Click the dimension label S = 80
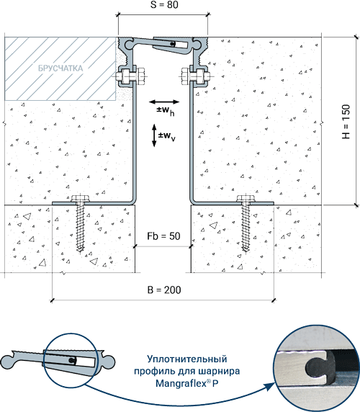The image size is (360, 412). (164, 4)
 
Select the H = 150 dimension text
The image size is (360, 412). (346, 122)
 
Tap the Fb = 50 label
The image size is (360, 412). (163, 236)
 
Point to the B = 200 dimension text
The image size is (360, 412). (164, 290)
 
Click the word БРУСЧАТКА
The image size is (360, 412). (60, 68)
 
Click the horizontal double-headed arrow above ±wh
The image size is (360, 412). (164, 102)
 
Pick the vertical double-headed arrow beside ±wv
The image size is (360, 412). (154, 135)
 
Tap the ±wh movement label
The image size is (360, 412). (165, 111)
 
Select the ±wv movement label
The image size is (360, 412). (167, 136)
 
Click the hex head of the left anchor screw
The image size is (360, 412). (80, 198)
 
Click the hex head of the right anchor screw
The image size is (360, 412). (246, 198)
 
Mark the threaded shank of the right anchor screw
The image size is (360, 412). (246, 228)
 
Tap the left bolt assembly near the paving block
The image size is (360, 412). (130, 77)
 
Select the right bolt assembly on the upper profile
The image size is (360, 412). (196, 77)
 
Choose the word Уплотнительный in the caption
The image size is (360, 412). (186, 359)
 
